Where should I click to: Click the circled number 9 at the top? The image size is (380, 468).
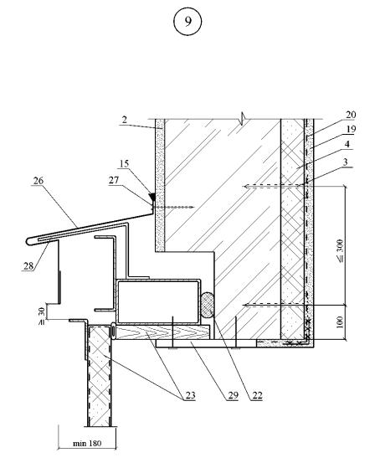pos(187,22)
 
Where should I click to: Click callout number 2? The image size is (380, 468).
pos(125,120)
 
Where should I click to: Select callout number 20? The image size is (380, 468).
pos(351,115)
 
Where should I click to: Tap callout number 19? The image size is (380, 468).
pos(351,129)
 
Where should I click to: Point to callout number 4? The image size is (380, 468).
pos(347,144)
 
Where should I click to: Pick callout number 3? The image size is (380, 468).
pos(346,162)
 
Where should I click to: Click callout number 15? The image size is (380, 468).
pos(124,163)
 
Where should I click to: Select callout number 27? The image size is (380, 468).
pos(114,180)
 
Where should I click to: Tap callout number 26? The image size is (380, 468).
pos(39,181)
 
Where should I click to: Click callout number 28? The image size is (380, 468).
pos(28,265)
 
